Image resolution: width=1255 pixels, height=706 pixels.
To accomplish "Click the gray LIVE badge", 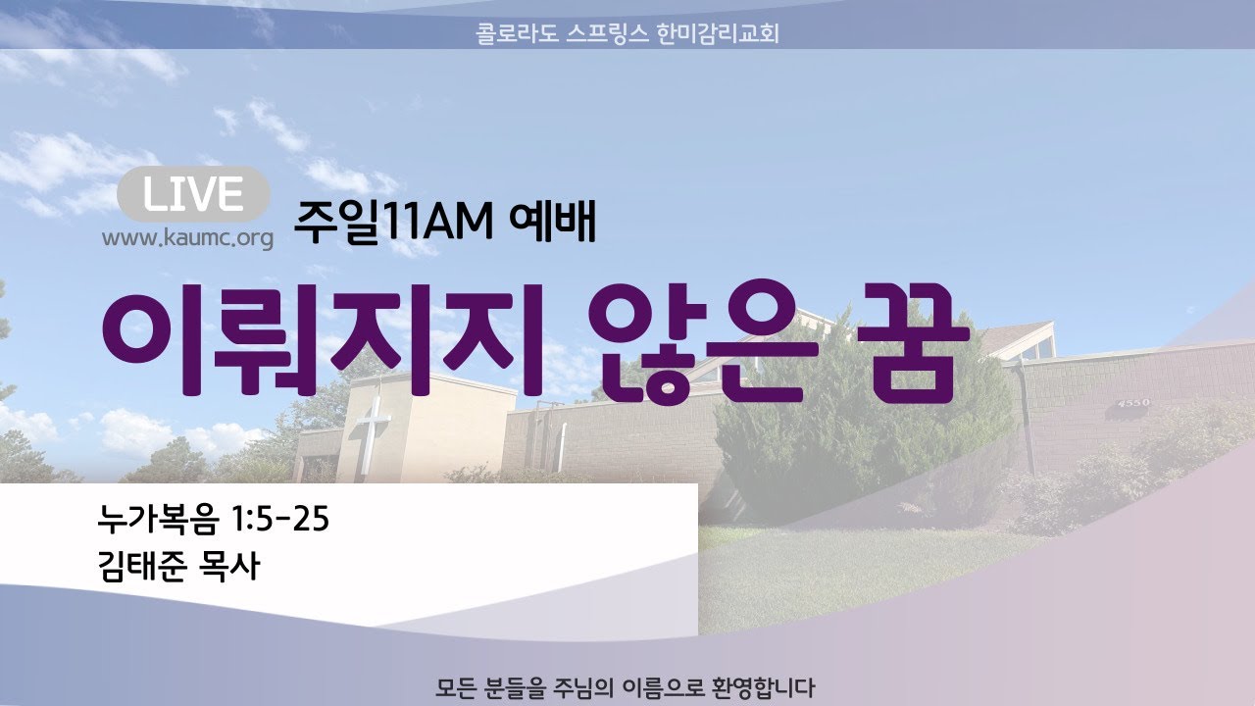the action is (193, 194).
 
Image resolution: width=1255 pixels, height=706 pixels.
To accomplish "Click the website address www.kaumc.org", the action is (187, 238).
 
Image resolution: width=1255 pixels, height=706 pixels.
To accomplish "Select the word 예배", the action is (552, 223).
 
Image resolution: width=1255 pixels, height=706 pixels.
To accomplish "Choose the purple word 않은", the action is (703, 343).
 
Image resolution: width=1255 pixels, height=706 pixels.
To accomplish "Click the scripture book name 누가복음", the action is (159, 519).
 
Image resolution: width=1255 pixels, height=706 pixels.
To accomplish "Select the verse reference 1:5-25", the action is (279, 519).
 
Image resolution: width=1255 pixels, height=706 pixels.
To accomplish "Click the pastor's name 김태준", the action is (142, 566).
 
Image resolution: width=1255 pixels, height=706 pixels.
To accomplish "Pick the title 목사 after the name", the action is (229, 566).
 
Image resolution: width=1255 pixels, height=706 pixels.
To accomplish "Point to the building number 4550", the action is (1133, 403).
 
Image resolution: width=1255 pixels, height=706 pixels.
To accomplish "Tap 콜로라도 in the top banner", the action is (517, 33).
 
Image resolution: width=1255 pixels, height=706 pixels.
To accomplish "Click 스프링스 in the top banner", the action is (607, 33).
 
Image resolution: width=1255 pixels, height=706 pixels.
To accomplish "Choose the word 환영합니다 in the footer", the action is (763, 688).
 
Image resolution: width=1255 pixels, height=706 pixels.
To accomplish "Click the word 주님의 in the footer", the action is (583, 688).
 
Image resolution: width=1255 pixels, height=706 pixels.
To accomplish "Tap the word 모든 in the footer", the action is (456, 688).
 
